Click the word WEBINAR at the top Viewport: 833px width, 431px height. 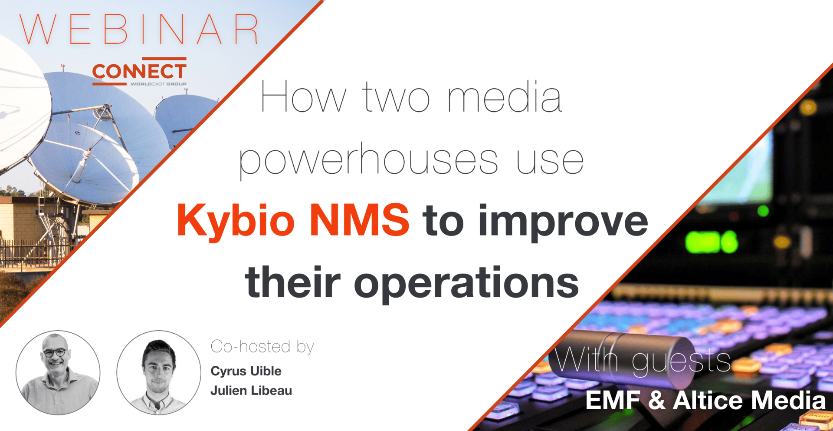pyautogui.click(x=139, y=29)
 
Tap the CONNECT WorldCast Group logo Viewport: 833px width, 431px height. pyautogui.click(x=139, y=72)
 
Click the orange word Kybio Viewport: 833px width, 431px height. pyautogui.click(x=236, y=221)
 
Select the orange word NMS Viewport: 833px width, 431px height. pyautogui.click(x=359, y=219)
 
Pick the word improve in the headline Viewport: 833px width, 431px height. pyautogui.click(x=563, y=222)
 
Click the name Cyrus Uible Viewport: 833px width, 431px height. pyautogui.click(x=246, y=371)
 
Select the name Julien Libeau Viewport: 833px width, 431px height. pyautogui.click(x=251, y=391)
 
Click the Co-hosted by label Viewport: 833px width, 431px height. pyautogui.click(x=262, y=347)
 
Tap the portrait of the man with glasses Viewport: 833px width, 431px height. pyautogui.click(x=58, y=373)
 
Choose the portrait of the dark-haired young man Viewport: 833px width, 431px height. pyautogui.click(x=159, y=373)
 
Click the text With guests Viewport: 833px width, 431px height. pyautogui.click(x=643, y=360)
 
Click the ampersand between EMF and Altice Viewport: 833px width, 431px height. pyautogui.click(x=657, y=400)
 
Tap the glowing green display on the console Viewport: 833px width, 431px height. pyautogui.click(x=712, y=242)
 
